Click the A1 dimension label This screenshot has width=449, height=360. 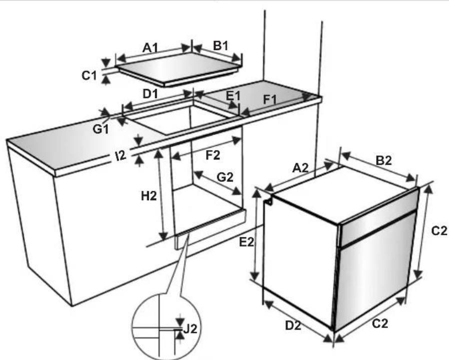click(150, 47)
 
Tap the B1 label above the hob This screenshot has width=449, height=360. click(220, 45)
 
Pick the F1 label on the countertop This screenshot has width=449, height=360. click(270, 100)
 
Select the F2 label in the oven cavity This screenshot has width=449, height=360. click(213, 155)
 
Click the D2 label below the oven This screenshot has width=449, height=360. click(294, 325)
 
